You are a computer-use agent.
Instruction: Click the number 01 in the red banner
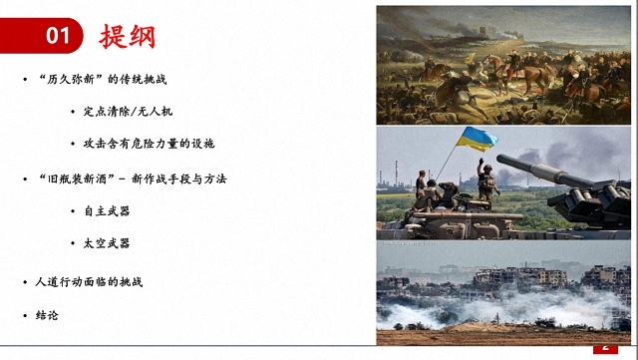click(59, 36)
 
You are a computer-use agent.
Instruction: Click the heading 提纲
click(128, 36)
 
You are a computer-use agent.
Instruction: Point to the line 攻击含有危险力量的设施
click(149, 144)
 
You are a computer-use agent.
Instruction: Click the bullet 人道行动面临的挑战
click(88, 282)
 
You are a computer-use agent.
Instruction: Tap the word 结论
click(47, 315)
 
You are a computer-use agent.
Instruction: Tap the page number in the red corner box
click(604, 347)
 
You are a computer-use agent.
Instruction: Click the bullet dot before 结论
click(25, 315)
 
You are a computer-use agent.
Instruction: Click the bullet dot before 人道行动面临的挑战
click(25, 282)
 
